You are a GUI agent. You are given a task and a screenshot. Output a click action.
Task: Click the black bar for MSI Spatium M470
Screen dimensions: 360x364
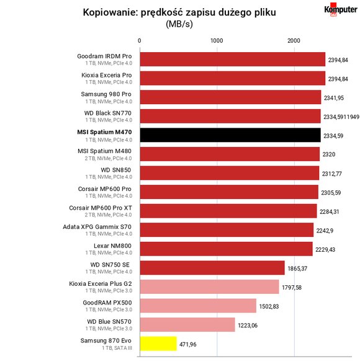[230, 135]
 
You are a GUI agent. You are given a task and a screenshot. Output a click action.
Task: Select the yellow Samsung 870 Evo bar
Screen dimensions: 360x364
[158, 344]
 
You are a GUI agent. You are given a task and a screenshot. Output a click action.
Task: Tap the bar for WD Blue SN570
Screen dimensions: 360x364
[187, 324]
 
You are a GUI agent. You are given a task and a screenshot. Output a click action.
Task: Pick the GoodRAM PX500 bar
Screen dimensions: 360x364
[198, 306]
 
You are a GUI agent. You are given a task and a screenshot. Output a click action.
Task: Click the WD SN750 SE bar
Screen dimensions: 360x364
[212, 268]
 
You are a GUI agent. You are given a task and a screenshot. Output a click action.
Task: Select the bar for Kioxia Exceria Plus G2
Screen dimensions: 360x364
[209, 286]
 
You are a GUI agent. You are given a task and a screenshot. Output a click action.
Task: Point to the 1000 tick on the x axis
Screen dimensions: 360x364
[217, 41]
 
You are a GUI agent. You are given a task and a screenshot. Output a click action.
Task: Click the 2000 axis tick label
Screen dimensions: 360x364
[294, 41]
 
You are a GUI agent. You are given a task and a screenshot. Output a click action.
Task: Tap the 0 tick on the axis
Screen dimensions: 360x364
[139, 41]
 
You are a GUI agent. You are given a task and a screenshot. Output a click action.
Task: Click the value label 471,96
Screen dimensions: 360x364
[188, 344]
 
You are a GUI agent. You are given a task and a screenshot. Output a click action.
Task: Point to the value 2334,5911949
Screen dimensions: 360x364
[341, 117]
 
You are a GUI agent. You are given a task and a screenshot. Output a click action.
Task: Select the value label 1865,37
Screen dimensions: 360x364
[297, 269]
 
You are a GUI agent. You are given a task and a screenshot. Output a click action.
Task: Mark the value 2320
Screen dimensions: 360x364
[329, 154]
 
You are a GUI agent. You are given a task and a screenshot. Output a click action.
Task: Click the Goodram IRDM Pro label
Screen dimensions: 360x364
[104, 56]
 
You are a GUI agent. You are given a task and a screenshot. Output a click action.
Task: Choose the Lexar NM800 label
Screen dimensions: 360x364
[112, 246]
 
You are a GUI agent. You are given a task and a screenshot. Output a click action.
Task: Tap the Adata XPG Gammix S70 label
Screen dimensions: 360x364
[97, 227]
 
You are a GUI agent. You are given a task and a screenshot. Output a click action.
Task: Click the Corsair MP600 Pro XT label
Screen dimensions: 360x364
[101, 208]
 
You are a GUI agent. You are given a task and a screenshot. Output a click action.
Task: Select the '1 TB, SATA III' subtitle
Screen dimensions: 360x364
[117, 348]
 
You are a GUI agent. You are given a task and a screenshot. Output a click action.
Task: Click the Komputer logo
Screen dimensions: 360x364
[341, 10]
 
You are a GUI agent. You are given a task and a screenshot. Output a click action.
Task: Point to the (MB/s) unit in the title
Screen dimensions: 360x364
[179, 24]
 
